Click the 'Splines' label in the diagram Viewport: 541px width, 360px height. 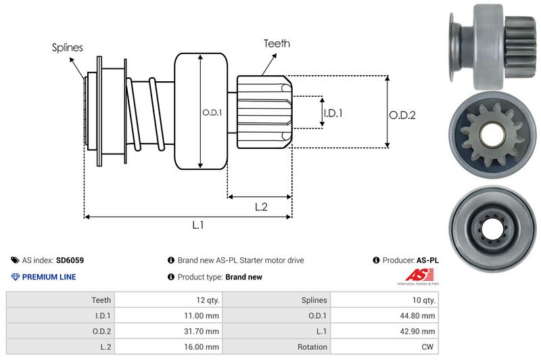[x=67, y=47]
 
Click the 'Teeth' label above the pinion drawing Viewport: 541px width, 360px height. [x=277, y=43]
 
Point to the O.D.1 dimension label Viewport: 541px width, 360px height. [x=212, y=112]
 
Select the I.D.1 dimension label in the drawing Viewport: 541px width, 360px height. [x=332, y=113]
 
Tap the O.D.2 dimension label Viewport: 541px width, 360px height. [x=402, y=115]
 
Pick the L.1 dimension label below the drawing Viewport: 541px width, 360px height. [x=199, y=225]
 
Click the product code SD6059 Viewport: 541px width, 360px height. [x=70, y=260]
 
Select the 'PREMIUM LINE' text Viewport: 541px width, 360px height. [x=49, y=277]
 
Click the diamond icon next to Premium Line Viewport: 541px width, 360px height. [x=15, y=277]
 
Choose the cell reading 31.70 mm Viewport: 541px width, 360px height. [x=202, y=331]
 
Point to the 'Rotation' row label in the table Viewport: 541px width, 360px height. [x=312, y=346]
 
